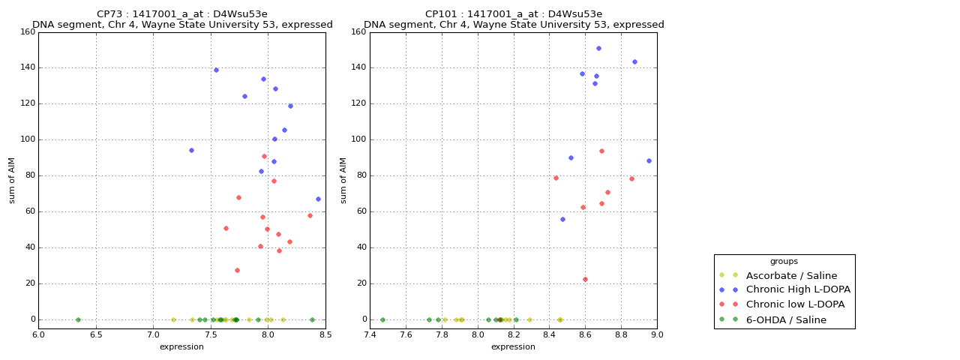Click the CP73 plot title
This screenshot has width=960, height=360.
tap(182, 19)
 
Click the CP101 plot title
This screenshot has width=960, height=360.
tap(514, 19)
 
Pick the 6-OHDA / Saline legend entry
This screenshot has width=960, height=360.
tap(786, 320)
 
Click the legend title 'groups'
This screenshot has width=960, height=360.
tap(784, 262)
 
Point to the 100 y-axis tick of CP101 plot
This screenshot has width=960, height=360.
tap(358, 139)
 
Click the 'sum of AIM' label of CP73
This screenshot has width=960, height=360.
tap(12, 180)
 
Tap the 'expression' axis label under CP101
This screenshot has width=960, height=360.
tap(514, 347)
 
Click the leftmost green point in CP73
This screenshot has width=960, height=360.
tap(78, 319)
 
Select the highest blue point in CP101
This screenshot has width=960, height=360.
tap(598, 48)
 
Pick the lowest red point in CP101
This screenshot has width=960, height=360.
tap(585, 280)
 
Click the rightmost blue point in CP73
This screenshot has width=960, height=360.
tap(318, 199)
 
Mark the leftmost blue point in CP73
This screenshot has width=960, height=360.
tap(191, 150)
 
